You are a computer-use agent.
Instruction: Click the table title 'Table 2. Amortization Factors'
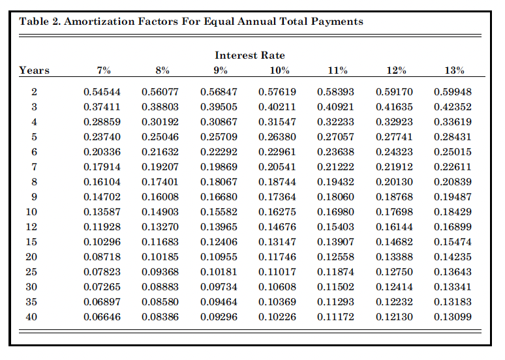(191, 21)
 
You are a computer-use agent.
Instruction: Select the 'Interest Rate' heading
(250, 55)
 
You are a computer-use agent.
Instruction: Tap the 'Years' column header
(35, 70)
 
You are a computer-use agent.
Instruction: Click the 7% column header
(104, 70)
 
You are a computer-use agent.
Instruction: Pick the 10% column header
(279, 70)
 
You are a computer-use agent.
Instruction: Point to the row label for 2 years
(35, 92)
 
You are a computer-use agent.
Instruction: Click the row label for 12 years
(32, 227)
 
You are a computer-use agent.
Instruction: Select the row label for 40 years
(32, 317)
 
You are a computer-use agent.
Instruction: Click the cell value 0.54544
(102, 92)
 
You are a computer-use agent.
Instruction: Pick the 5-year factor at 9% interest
(219, 137)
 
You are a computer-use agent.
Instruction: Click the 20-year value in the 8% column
(160, 257)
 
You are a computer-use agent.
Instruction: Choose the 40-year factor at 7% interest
(102, 317)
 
